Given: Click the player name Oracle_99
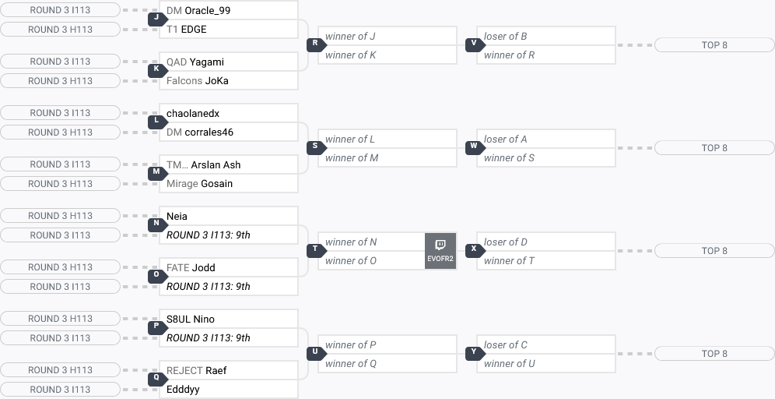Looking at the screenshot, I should [x=207, y=11].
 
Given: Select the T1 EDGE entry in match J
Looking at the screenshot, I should [x=193, y=30].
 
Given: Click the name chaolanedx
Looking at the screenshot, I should [x=193, y=114].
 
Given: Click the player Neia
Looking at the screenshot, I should [x=177, y=217].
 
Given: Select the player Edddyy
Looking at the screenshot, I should [x=183, y=390].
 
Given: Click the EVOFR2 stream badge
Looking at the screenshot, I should [x=440, y=251].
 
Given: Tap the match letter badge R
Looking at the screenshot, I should [x=315, y=44].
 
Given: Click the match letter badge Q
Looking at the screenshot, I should [x=156, y=378].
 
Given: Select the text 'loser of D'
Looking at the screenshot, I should [x=506, y=242].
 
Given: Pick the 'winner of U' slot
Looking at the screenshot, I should [x=510, y=364].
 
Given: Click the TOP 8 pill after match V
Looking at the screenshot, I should [x=714, y=45].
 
